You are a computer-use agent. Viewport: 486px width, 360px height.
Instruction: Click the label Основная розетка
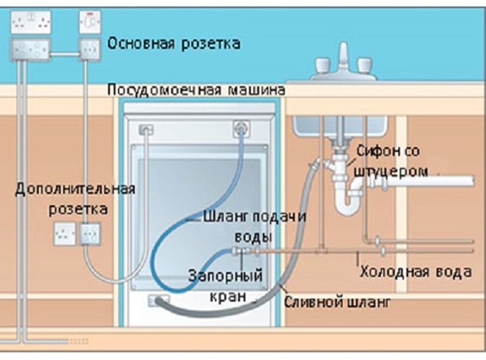coord(173,43)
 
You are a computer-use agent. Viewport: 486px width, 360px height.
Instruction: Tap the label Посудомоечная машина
coord(196,91)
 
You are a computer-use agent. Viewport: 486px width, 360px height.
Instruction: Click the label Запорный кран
coord(224,285)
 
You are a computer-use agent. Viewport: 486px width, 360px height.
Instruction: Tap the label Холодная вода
coord(416,272)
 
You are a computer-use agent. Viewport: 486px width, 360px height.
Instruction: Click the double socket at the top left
coord(29,22)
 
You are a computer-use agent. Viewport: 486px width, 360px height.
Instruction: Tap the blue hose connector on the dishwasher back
coord(239,129)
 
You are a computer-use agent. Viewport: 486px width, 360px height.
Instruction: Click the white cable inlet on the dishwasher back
coord(147,130)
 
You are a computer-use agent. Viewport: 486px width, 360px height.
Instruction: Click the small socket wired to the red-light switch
coord(89,50)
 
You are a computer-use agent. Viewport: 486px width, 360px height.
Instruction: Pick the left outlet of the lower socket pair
coord(64,233)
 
